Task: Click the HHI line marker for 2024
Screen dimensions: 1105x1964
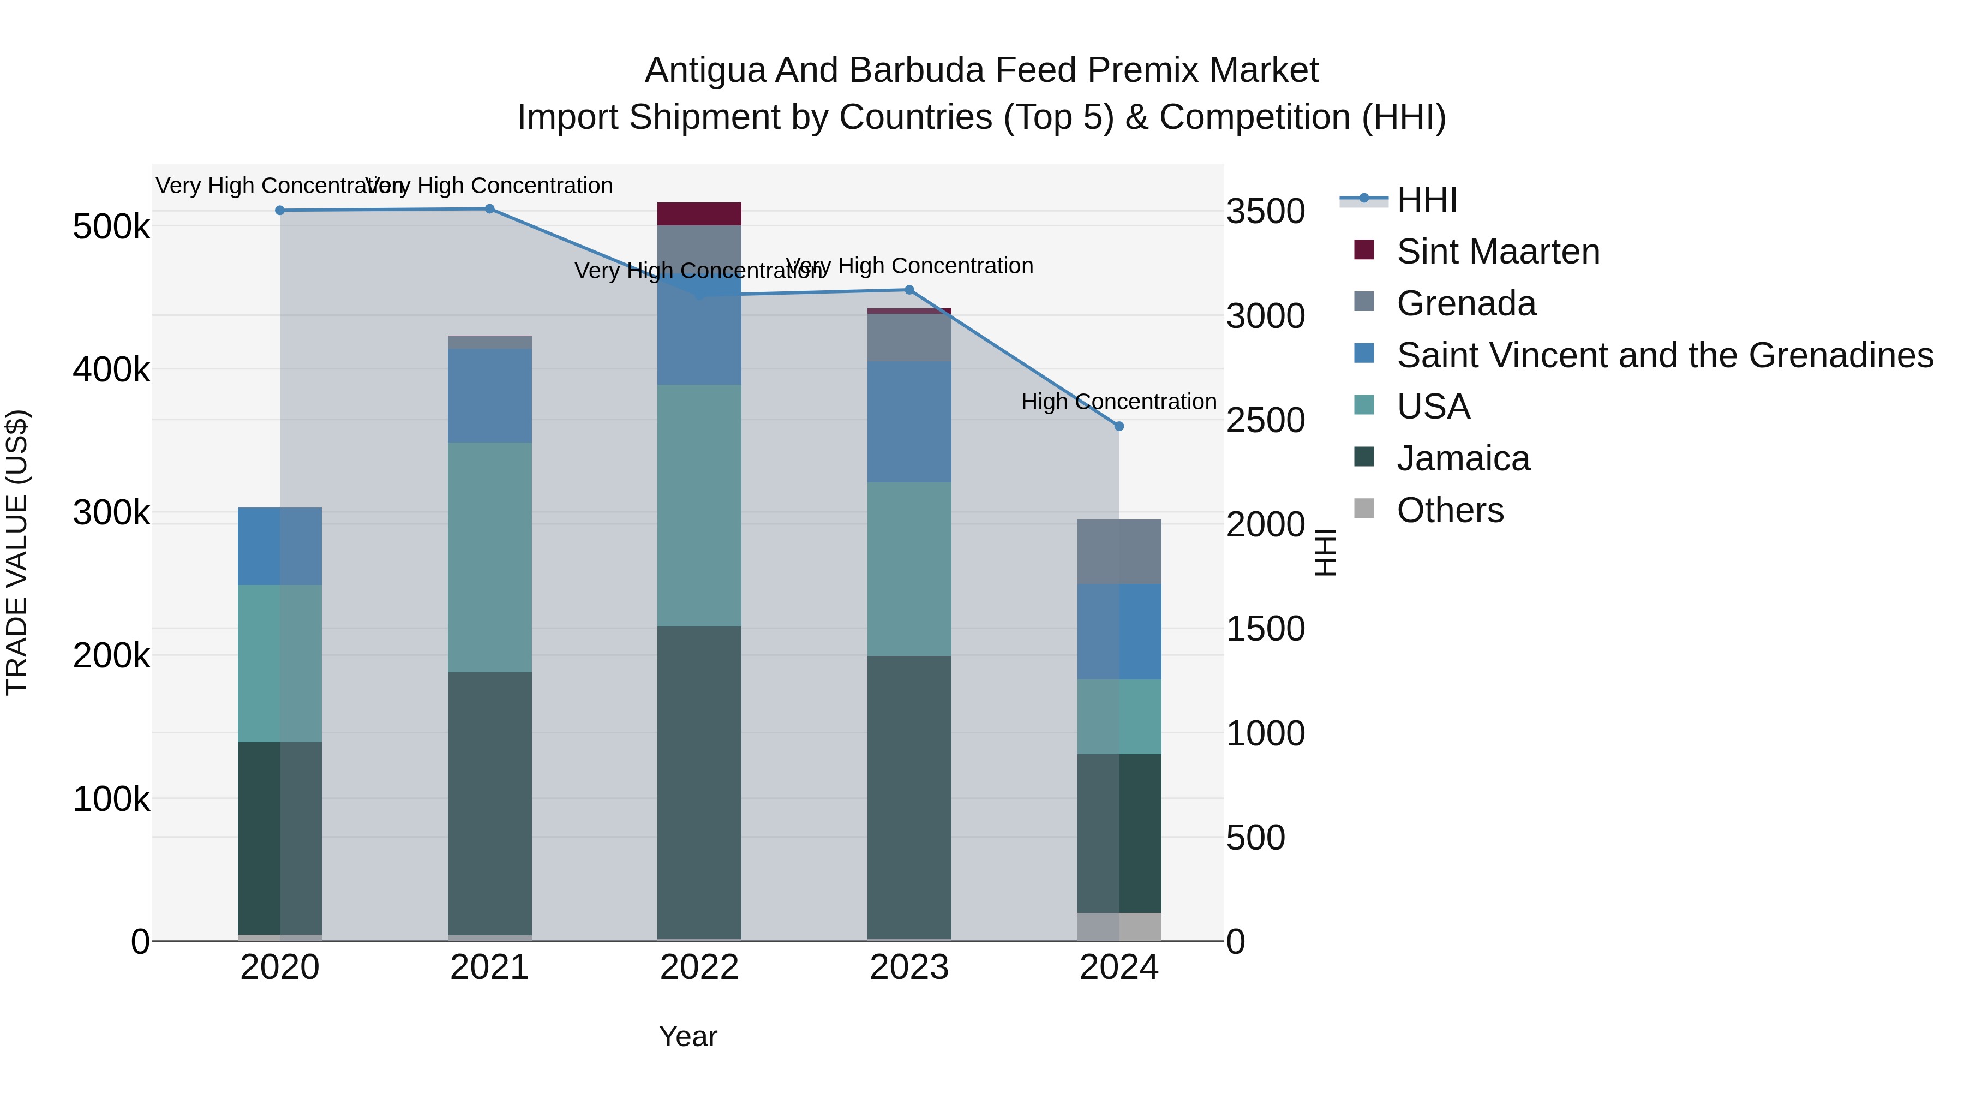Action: point(1118,426)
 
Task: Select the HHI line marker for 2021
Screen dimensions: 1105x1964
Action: point(489,209)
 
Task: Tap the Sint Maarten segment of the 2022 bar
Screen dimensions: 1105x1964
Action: point(699,213)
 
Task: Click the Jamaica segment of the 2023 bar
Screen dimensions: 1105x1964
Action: point(909,797)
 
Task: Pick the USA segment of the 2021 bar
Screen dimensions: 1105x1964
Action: point(489,557)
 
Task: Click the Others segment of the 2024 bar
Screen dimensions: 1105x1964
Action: point(1118,927)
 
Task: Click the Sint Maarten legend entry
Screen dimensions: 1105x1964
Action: point(1498,252)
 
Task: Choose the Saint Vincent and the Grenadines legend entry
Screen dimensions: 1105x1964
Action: point(1664,355)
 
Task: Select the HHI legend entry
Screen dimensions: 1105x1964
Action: point(1426,200)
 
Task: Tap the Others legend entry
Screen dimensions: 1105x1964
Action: point(1450,510)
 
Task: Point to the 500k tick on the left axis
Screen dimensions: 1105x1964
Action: point(111,227)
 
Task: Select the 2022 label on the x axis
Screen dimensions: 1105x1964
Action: point(699,967)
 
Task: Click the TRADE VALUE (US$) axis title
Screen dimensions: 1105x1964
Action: point(17,552)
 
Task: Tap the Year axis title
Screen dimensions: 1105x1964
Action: point(688,1036)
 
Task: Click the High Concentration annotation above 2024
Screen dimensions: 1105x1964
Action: point(1118,402)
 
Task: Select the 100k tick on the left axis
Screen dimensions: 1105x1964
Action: point(111,799)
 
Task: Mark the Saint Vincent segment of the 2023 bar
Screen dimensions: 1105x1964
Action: point(909,422)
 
